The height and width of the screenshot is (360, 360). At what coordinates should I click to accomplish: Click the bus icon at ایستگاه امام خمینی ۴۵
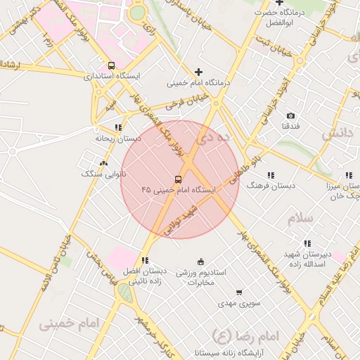178,179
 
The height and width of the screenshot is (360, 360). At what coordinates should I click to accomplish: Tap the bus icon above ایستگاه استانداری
111,65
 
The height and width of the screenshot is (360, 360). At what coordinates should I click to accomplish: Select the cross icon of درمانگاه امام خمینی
199,72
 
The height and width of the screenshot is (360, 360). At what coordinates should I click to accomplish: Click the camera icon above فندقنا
290,115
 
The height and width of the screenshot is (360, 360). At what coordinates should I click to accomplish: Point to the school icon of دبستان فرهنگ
271,174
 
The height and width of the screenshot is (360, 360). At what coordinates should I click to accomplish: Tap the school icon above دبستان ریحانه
117,127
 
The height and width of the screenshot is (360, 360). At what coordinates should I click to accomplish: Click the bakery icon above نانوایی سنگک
104,163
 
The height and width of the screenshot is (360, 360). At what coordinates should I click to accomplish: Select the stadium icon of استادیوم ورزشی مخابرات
201,262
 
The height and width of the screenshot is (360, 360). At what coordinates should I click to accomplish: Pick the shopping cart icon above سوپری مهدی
239,292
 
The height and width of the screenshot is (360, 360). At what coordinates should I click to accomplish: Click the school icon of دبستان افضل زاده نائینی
145,260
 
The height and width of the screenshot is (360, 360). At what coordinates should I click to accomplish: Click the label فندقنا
290,126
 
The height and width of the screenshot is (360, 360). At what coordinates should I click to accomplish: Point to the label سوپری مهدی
235,303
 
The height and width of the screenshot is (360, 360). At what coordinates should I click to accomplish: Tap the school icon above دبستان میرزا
347,175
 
